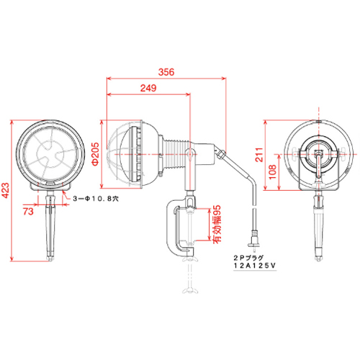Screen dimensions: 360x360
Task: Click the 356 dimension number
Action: (166, 72)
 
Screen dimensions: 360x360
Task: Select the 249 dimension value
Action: (148, 88)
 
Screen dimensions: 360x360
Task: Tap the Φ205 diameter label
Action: (95, 154)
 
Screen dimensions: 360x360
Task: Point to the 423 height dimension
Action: (5, 191)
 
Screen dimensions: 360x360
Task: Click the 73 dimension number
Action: (28, 212)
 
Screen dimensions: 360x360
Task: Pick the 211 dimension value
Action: (259, 155)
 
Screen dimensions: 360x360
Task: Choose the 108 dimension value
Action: (273, 172)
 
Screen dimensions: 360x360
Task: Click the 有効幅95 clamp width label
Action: (217, 223)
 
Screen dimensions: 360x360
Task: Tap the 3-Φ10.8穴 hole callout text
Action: (96, 199)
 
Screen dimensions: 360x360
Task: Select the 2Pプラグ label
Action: (248, 258)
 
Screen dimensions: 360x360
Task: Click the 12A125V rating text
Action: (255, 266)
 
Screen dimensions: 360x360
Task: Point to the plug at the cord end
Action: (253, 238)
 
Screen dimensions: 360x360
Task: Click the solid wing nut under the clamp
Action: (191, 258)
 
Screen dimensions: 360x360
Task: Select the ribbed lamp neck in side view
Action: (175, 153)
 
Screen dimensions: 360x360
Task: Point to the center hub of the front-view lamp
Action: (50, 154)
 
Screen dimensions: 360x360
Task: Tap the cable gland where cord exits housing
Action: (220, 153)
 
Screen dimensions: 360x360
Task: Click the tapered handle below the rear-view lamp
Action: (319, 229)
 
